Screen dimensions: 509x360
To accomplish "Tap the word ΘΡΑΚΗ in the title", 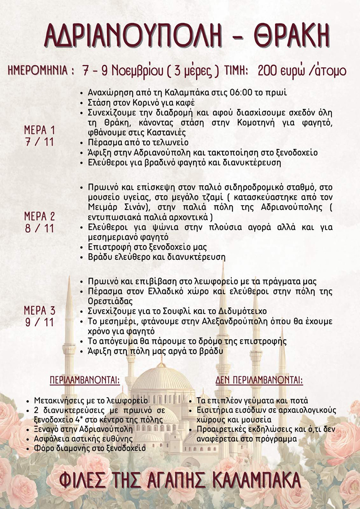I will tap(291, 37).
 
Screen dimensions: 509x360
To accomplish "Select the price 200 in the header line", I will tap(270, 71).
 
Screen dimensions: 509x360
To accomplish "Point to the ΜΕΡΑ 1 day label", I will tap(39, 130).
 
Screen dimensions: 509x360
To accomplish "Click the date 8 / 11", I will tap(39, 228).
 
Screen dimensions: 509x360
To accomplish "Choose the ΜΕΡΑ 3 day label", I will tap(39, 311).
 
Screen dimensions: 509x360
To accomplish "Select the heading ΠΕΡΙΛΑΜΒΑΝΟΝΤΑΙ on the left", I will tap(85, 380).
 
